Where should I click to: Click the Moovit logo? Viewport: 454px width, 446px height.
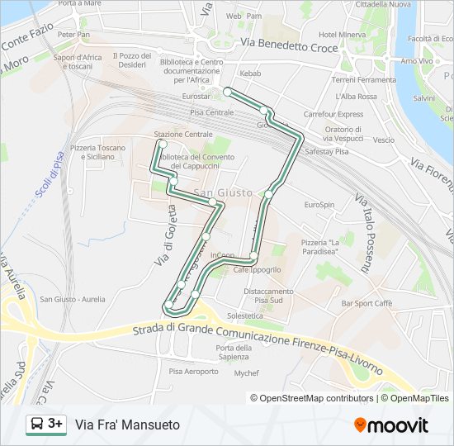click(x=391, y=425)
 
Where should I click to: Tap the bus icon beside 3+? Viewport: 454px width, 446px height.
click(x=37, y=425)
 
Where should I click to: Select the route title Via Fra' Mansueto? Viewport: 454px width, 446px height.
click(x=127, y=425)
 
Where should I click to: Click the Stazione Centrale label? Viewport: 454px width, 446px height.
click(x=183, y=134)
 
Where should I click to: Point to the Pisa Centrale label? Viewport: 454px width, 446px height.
click(x=212, y=111)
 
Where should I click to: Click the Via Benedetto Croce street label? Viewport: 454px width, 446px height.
click(x=290, y=46)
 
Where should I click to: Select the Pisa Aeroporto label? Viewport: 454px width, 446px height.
click(x=194, y=372)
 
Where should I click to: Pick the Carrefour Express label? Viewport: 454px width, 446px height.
click(x=333, y=114)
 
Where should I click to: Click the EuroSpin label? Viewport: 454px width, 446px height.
click(x=319, y=204)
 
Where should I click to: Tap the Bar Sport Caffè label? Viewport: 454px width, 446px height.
click(x=367, y=303)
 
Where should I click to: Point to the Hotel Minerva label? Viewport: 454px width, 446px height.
click(x=342, y=35)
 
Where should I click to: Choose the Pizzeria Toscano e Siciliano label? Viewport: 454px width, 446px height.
click(x=98, y=152)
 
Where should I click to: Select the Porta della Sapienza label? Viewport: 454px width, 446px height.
click(x=232, y=352)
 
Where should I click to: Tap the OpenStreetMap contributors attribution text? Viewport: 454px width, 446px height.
click(x=312, y=398)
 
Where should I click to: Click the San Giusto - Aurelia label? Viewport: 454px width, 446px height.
click(x=73, y=299)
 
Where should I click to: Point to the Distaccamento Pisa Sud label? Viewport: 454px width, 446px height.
click(x=268, y=295)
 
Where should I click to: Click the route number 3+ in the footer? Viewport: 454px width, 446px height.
click(x=56, y=424)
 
